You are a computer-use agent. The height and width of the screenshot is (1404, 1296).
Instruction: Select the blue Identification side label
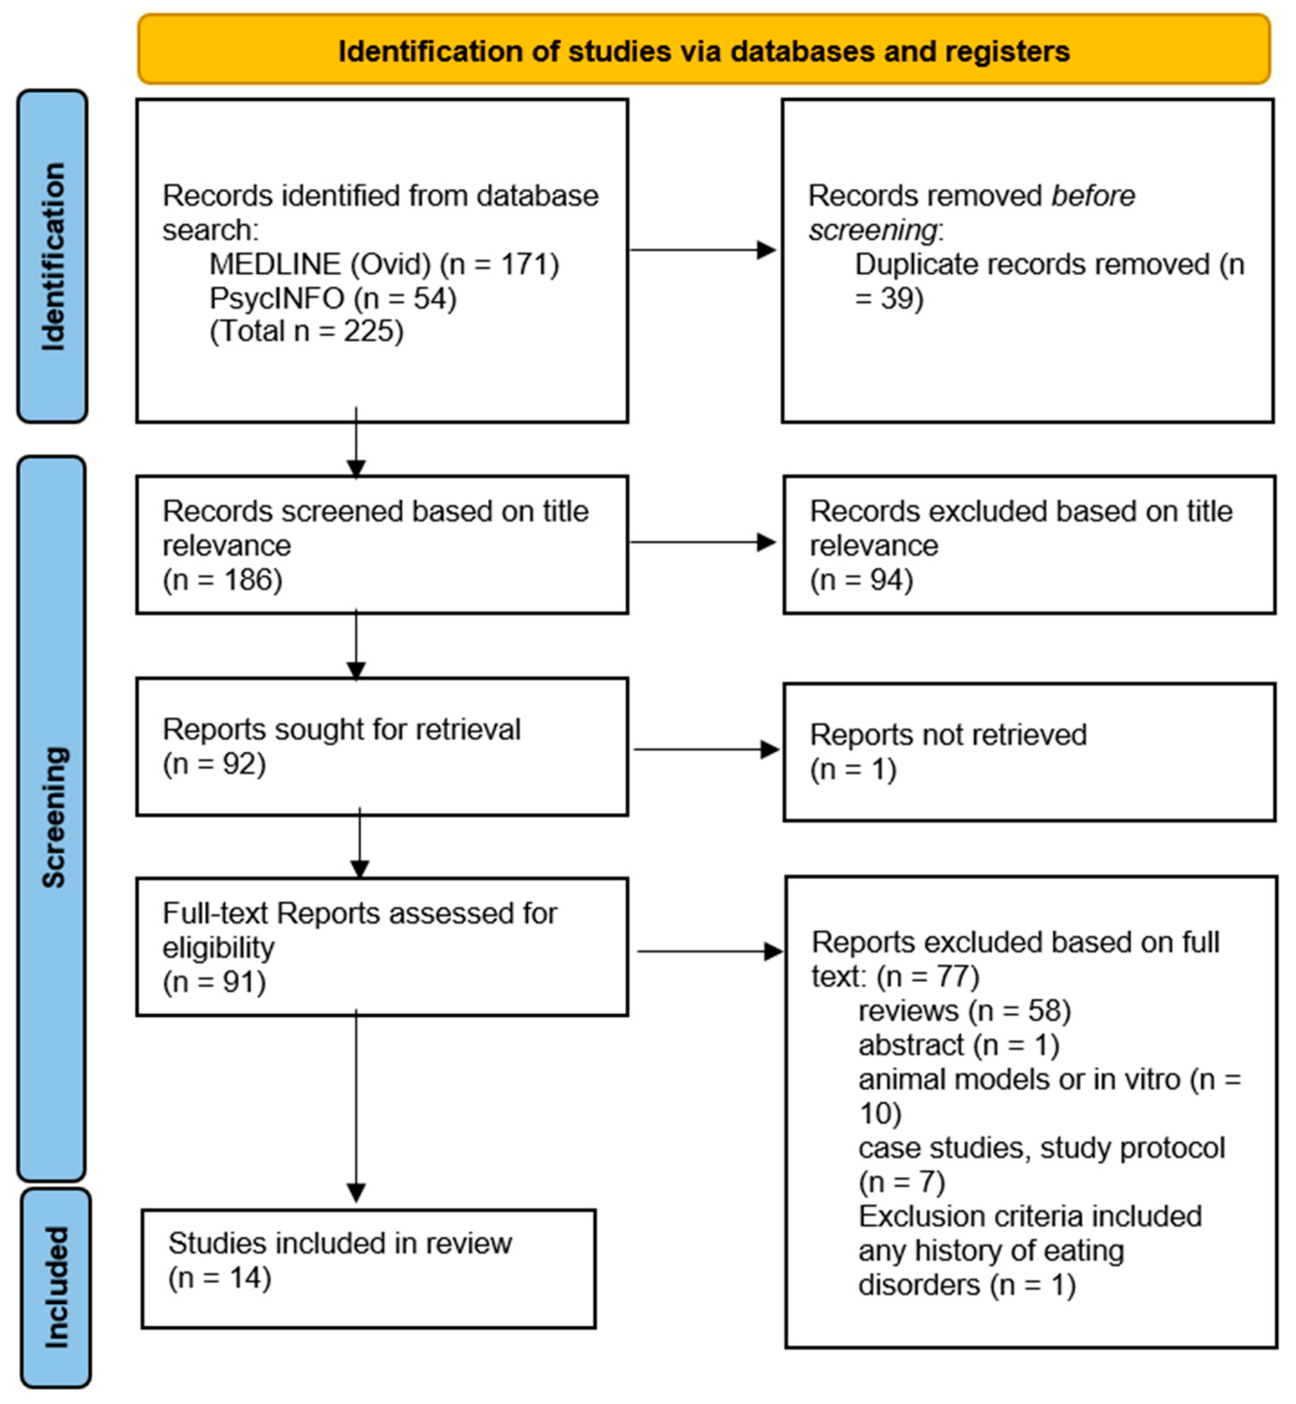pyautogui.click(x=52, y=256)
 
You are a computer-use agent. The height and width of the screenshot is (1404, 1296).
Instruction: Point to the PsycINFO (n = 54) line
pyautogui.click(x=333, y=298)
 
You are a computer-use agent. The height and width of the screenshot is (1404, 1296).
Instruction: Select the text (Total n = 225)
pyautogui.click(x=307, y=331)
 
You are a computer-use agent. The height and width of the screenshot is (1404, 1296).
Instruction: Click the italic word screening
pyautogui.click(x=872, y=230)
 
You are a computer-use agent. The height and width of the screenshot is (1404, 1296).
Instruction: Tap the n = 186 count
pyautogui.click(x=222, y=580)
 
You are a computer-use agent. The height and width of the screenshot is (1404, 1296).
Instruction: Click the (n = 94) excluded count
pyautogui.click(x=861, y=580)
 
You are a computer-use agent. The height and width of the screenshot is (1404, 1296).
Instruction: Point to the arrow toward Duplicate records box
pyautogui.click(x=703, y=250)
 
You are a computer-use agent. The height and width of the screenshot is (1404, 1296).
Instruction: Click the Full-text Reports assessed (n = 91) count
pyautogui.click(x=214, y=982)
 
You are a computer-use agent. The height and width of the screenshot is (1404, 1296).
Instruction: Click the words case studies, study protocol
pyautogui.click(x=1041, y=1148)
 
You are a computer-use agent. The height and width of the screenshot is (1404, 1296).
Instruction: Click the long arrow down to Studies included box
pyautogui.click(x=356, y=1108)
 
